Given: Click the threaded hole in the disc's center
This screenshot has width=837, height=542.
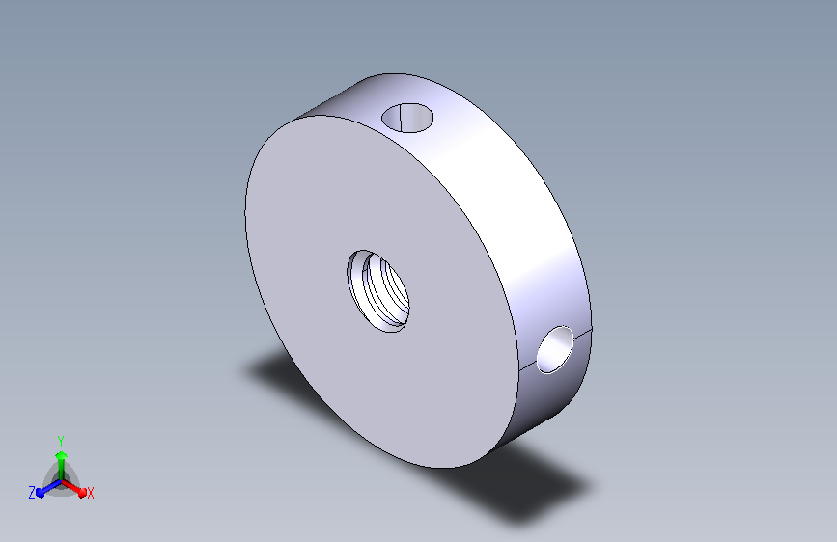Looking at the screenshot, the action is (x=377, y=290).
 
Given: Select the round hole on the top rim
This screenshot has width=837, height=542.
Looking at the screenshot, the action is (x=407, y=118).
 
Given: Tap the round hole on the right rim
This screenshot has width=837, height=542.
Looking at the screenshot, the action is (x=555, y=350).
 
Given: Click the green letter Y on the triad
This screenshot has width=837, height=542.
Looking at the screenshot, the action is (x=61, y=442).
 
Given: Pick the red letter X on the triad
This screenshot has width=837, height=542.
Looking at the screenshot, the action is (x=90, y=494).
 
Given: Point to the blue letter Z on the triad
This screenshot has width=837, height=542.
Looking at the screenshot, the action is (x=32, y=493).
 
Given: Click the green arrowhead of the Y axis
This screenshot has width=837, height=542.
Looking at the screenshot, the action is (x=62, y=456).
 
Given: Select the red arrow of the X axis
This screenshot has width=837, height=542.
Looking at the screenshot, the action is (x=73, y=488).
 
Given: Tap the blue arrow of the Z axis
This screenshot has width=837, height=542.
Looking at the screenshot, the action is (x=48, y=488).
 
